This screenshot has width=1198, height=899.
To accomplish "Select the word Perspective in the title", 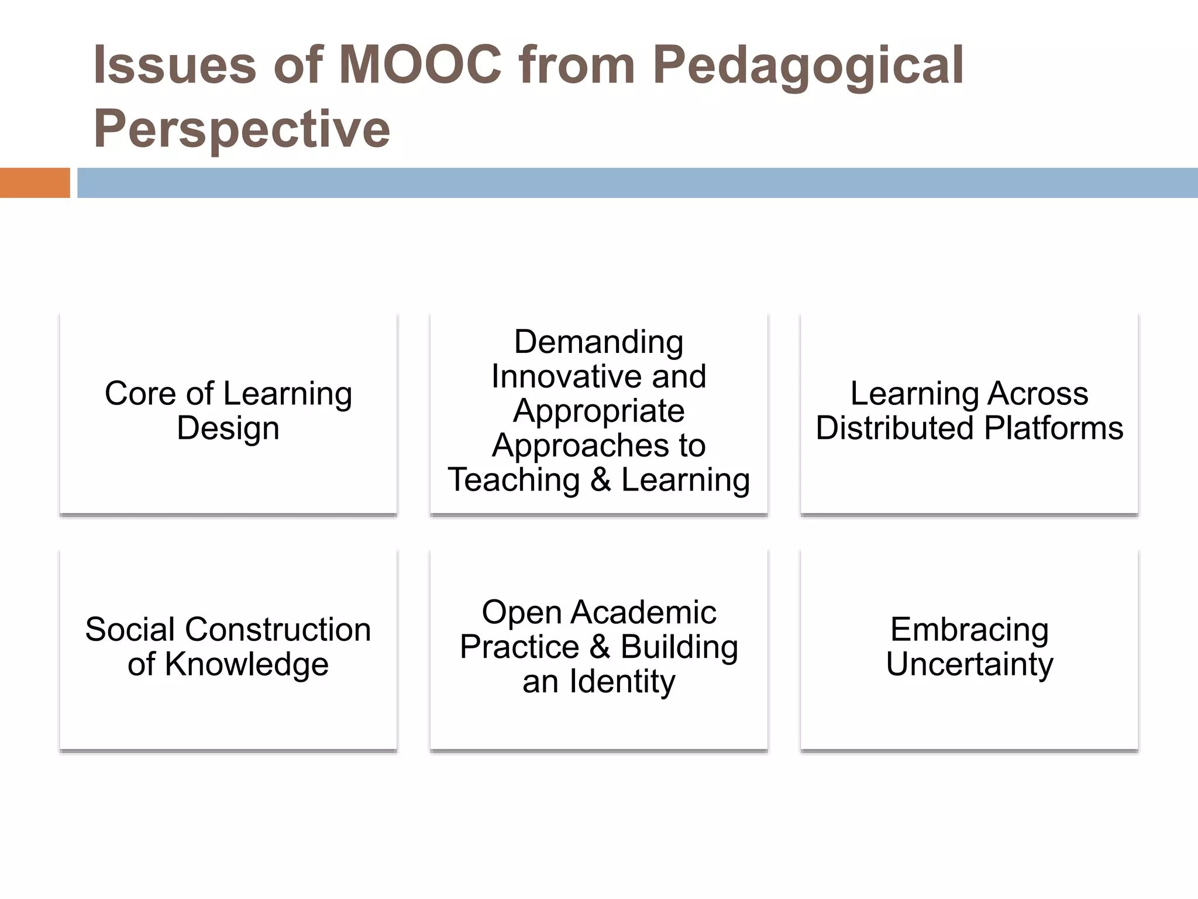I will [x=242, y=129].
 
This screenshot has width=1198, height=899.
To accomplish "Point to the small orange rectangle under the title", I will [x=35, y=183].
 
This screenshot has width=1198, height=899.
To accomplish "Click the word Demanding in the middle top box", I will [x=598, y=342].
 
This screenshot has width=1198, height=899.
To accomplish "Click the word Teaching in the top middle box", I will [x=514, y=480].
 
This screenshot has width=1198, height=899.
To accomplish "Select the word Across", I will [x=1038, y=393].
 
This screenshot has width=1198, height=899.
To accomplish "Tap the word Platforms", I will [x=1054, y=428].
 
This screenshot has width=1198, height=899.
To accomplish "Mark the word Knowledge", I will [x=246, y=665].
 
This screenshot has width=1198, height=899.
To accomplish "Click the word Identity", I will [x=622, y=682].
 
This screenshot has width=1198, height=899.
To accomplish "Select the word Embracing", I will [x=969, y=630].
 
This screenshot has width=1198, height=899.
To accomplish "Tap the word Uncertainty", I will [x=969, y=664].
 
